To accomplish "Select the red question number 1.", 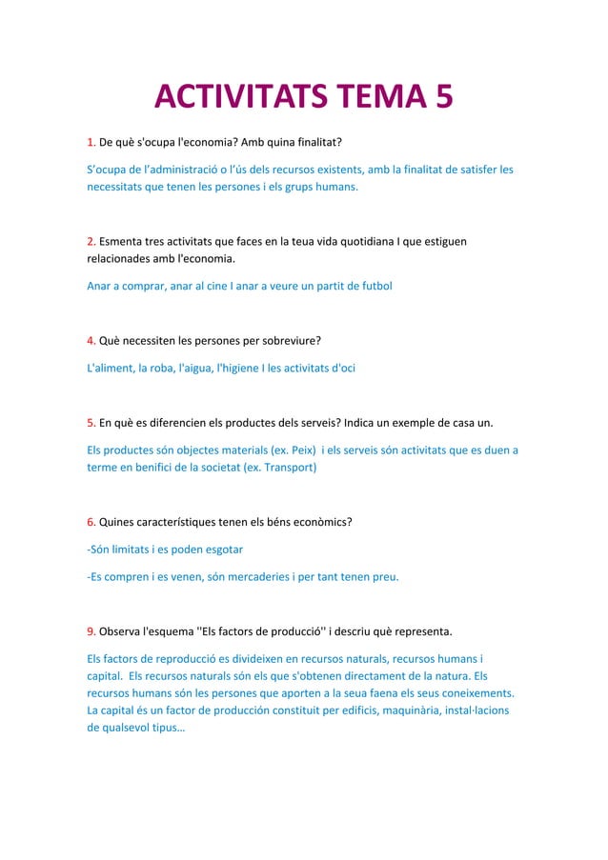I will point(91,143).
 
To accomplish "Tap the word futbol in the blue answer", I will point(374,285).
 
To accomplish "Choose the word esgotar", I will point(221,549).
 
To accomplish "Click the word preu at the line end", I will point(384,576).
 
